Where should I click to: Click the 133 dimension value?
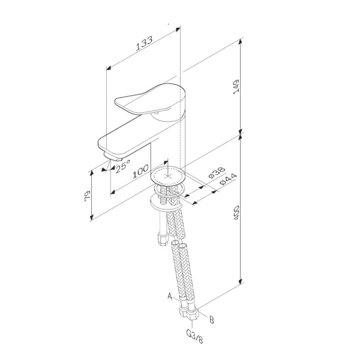[x=144, y=43]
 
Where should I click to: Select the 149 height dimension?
[x=236, y=86]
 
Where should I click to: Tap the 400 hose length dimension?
[x=236, y=212]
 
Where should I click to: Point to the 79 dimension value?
[x=88, y=196]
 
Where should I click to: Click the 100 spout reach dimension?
[x=140, y=172]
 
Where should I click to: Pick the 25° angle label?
[x=123, y=166]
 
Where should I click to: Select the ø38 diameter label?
[x=217, y=173]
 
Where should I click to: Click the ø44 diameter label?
[x=228, y=179]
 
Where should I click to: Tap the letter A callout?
[x=170, y=296]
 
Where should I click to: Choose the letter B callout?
[x=212, y=320]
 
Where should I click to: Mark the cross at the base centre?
[x=168, y=176]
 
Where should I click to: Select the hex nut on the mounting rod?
[x=163, y=239]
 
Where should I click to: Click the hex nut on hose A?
[x=184, y=313]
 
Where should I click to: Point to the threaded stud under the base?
[x=164, y=195]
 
